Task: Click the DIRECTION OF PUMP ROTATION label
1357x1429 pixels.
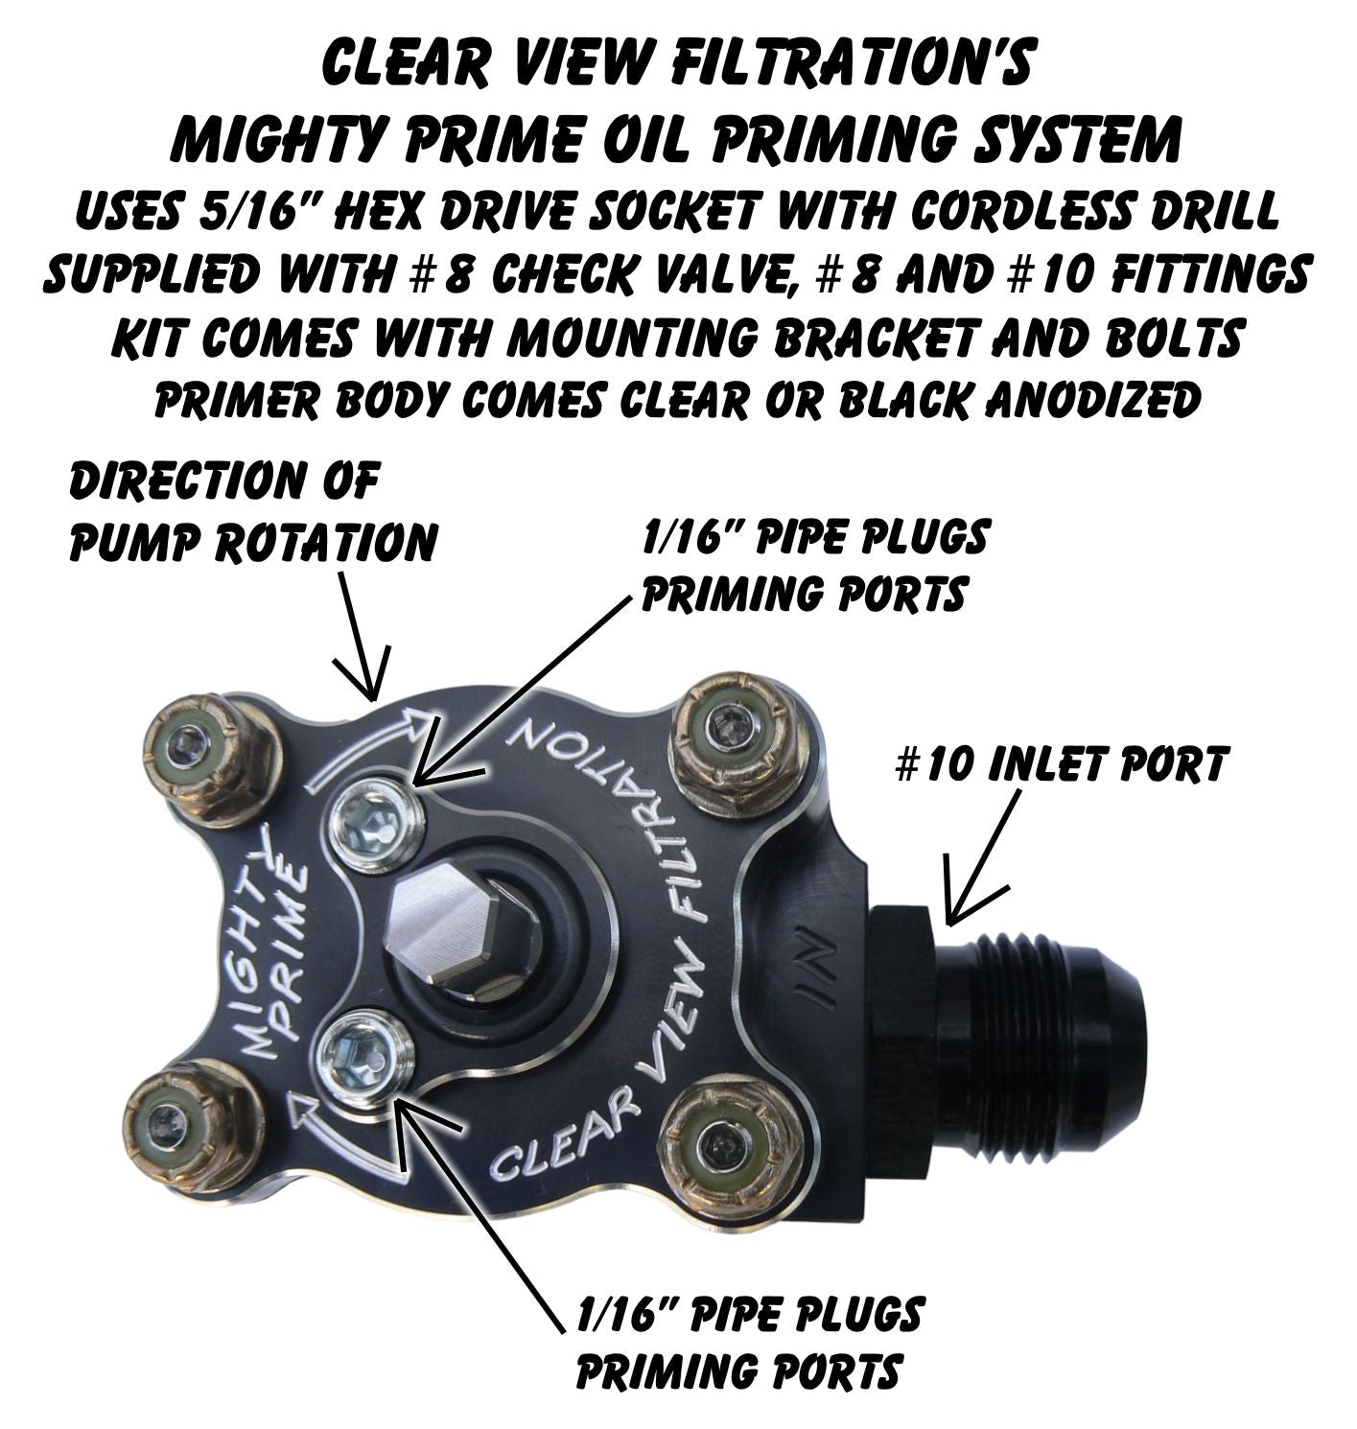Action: click(252, 514)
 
